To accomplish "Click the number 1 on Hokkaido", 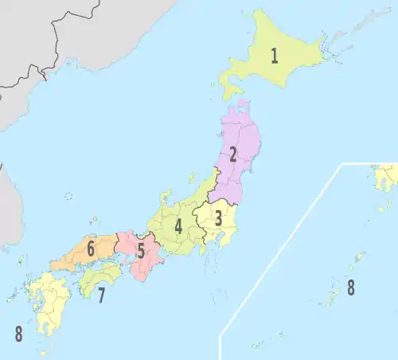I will (274, 56).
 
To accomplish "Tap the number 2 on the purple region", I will (232, 155).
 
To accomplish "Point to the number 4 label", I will (178, 226).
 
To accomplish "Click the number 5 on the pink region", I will (140, 252).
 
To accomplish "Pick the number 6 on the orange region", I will (91, 249).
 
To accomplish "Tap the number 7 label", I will (101, 295).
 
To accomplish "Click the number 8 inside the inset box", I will (350, 288).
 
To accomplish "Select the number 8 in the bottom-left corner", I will (18, 334).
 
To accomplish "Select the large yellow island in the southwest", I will (48, 303).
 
